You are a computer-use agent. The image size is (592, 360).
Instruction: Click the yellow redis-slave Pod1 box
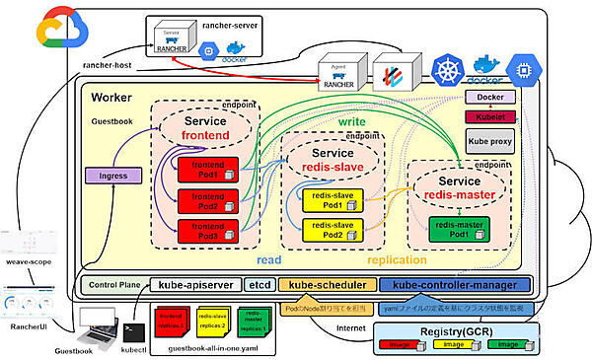coord(325,202)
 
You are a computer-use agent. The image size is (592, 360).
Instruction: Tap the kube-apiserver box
coord(193,285)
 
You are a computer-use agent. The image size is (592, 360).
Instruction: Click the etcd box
coord(259,285)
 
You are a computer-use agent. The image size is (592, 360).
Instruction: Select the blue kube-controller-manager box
coord(455,285)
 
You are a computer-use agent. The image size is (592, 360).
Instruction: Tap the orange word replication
coord(397,261)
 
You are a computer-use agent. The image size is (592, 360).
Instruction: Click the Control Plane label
coord(115,285)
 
